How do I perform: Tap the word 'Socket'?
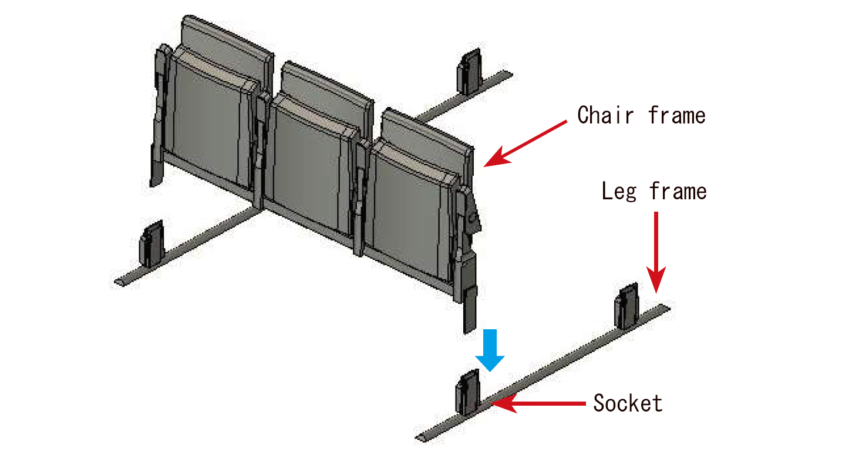[628, 403]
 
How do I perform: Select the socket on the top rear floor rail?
[469, 72]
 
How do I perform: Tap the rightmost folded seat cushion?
[411, 206]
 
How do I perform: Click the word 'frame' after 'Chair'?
[677, 115]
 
